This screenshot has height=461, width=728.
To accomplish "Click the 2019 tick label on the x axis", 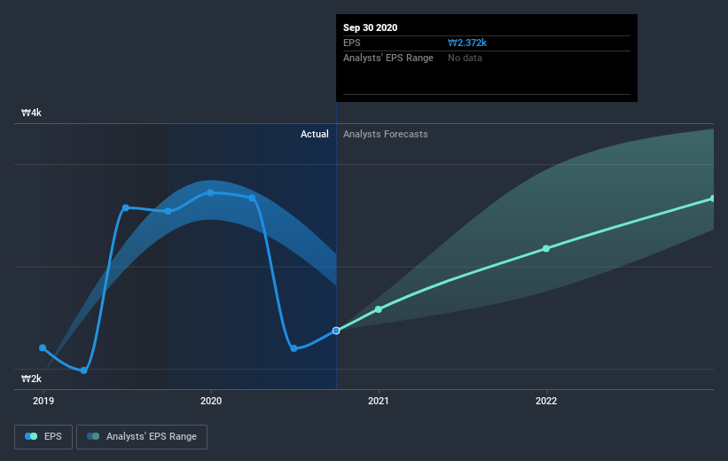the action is tap(43, 401).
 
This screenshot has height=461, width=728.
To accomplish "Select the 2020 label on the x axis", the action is tap(211, 401).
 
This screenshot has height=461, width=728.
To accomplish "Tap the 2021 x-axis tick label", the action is tap(379, 401).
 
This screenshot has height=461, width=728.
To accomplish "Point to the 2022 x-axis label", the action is tap(546, 401).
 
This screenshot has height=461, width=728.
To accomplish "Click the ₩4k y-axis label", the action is tap(32, 113).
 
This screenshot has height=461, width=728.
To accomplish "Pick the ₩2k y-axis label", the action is tap(32, 379).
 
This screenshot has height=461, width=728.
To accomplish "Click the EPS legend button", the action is tap(43, 437).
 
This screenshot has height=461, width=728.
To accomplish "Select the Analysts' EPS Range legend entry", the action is tap(142, 437).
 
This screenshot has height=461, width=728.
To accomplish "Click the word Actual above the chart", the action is tap(314, 134).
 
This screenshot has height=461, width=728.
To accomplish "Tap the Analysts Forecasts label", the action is tap(386, 134).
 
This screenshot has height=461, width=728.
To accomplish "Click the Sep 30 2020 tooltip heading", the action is tap(370, 27).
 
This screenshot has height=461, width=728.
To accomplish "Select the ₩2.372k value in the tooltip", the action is tap(467, 43).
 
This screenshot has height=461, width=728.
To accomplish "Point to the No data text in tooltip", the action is tap(465, 58).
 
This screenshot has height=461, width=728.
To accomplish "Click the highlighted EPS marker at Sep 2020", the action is tap(336, 331).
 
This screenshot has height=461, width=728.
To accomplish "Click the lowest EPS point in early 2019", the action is tap(84, 371).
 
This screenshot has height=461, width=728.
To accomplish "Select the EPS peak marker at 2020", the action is tap(210, 192).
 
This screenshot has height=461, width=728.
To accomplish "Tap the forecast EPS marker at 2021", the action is tap(379, 309).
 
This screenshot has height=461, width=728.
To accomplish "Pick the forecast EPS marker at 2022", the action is tap(546, 248).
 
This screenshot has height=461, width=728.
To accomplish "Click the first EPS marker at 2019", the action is tap(43, 348).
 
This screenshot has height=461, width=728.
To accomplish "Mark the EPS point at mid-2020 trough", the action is tap(294, 348).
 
